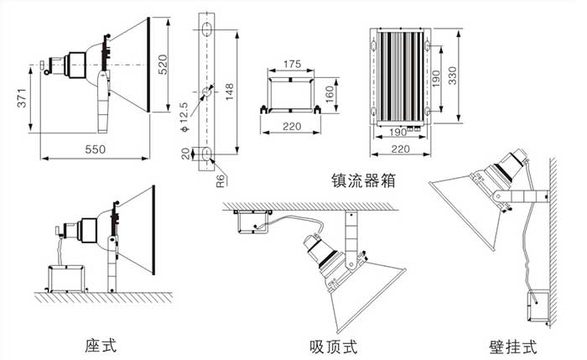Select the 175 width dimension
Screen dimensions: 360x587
click(x=291, y=65)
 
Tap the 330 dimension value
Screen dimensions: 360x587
click(x=450, y=78)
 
